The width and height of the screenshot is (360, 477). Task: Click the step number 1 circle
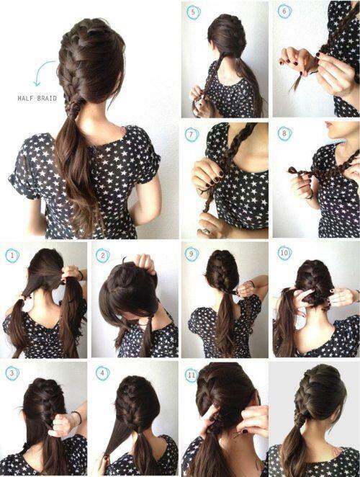12,256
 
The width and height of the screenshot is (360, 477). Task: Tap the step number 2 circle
102,256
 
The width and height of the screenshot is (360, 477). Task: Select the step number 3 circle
12,373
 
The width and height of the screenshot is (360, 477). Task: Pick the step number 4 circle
102,373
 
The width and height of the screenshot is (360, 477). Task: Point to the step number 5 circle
193,13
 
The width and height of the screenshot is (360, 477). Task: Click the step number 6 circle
284,12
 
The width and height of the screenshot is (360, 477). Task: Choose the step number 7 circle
192,135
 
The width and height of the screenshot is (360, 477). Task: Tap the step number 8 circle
284,133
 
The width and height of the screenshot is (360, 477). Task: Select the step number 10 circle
284,252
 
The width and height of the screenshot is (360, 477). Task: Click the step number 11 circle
192,375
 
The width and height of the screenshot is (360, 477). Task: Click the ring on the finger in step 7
207,231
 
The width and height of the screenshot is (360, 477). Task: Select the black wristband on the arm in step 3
78,418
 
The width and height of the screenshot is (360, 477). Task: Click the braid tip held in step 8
294,170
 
